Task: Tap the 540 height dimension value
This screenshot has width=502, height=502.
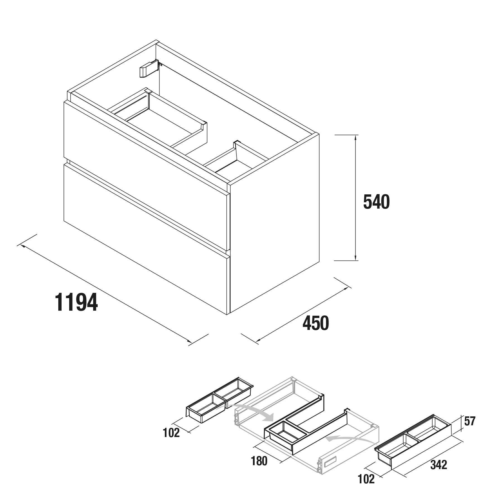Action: click(x=376, y=202)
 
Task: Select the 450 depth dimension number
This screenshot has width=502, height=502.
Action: click(x=316, y=323)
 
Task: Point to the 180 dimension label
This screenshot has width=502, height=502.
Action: click(x=259, y=461)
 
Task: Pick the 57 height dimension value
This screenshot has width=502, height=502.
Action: click(x=470, y=421)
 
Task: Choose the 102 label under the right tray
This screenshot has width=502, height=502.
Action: click(x=366, y=479)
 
